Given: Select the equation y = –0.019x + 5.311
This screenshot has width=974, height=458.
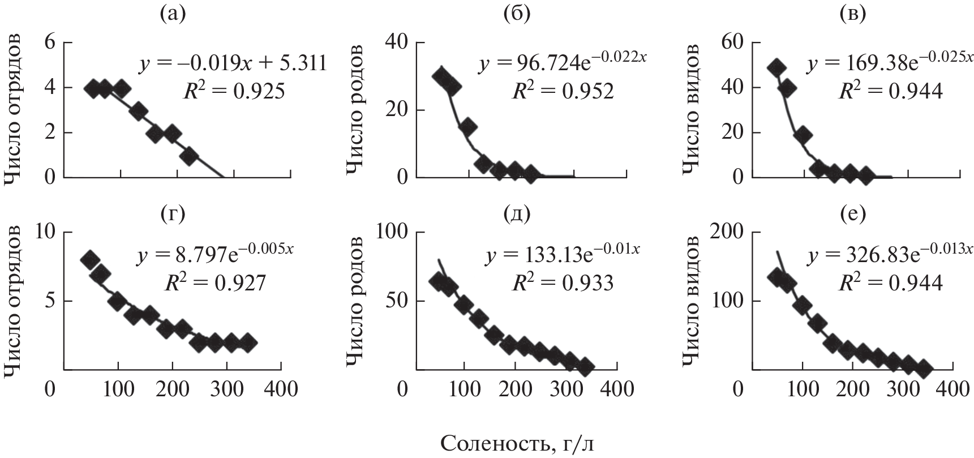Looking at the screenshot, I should tap(233, 63).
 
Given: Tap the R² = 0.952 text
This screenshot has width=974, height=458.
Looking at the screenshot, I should tap(562, 91).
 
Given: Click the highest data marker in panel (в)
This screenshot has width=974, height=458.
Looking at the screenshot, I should tap(776, 67).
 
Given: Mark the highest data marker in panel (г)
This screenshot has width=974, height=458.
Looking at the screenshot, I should tap(89, 260).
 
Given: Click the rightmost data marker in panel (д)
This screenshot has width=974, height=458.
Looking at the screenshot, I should tap(585, 367).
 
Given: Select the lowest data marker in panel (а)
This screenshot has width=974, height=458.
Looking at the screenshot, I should tap(190, 156).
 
